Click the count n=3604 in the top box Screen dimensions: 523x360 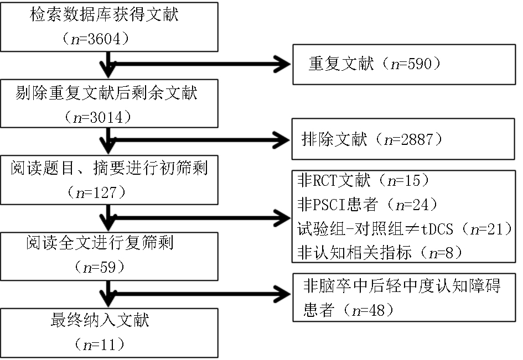[x=96, y=39]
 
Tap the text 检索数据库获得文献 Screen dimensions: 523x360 [x=105, y=15]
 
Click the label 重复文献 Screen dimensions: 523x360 [x=341, y=64]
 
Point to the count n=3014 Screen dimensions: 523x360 [x=98, y=118]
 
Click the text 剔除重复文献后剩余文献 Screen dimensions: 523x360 [x=107, y=93]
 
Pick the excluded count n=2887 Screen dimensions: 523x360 [x=408, y=139]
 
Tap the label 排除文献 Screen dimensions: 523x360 [x=334, y=139]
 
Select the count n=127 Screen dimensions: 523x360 [x=96, y=193]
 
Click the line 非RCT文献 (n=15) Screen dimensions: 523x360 [x=363, y=181]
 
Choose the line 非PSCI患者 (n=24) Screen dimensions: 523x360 [x=367, y=205]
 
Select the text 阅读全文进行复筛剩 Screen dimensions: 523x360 [x=100, y=243]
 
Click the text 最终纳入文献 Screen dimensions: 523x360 [x=100, y=320]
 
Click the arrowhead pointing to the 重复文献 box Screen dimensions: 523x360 [x=282, y=64]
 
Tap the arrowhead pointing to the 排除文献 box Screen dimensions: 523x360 [x=281, y=140]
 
